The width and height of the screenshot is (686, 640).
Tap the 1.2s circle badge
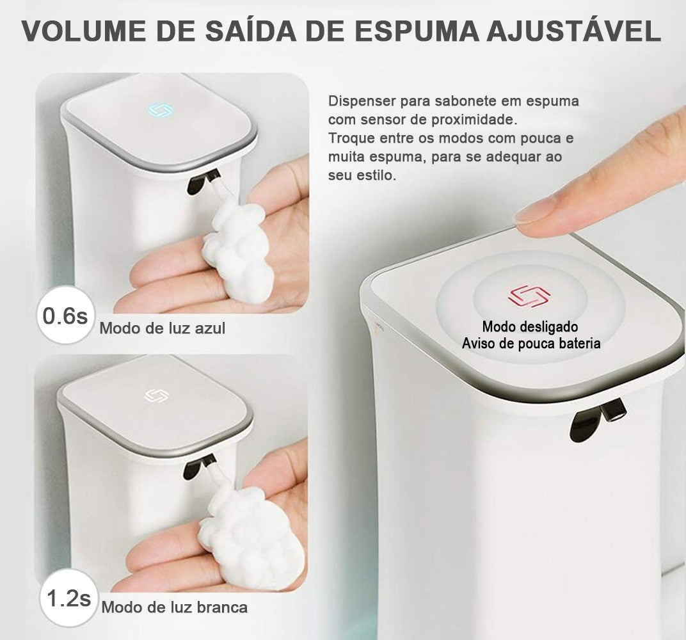68,599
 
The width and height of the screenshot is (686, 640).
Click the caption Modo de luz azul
162,328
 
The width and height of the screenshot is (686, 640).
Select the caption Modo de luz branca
174,607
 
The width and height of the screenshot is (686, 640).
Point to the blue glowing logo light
157,110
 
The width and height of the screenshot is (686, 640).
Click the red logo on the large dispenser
529,296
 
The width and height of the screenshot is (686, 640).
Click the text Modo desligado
530,327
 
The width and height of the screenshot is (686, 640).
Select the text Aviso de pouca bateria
531,344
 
